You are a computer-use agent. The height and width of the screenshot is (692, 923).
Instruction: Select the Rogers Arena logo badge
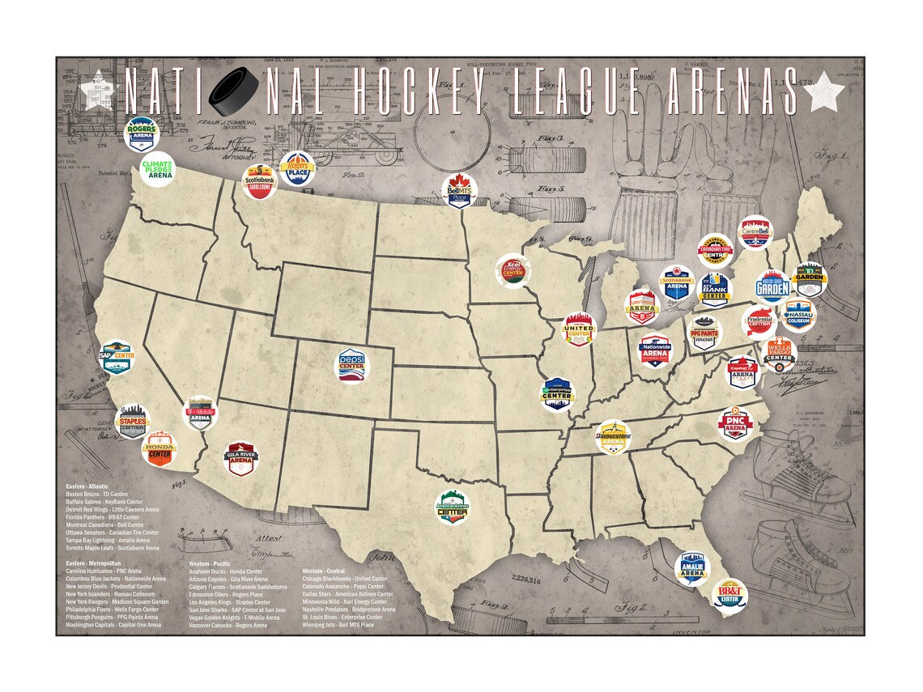coord(142,134)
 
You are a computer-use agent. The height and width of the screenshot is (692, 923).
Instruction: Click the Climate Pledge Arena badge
coord(157,169)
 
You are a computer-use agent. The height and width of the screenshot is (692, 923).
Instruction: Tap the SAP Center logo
coord(116,357)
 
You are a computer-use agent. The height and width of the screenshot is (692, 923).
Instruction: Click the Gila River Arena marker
coord(242,458)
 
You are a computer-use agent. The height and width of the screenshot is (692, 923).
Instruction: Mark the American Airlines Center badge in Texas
coord(453,507)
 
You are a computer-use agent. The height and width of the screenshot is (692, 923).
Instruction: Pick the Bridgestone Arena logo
coord(613,437)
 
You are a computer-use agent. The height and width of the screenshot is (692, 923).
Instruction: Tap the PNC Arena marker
coord(735,422)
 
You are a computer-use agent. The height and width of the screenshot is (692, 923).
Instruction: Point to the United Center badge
coord(580,329)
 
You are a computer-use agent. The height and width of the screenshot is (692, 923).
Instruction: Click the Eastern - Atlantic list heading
coord(87,486)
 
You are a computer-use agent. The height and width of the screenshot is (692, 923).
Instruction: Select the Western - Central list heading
coord(324,571)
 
